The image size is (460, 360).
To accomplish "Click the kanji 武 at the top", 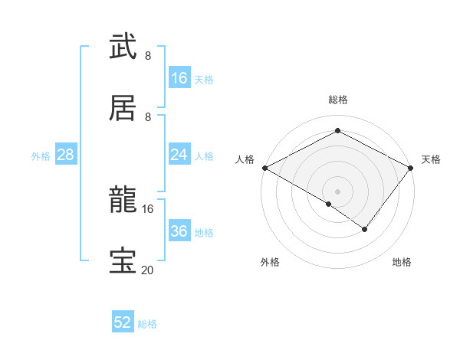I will point(123,47).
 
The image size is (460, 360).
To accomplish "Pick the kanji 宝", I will point(123,261).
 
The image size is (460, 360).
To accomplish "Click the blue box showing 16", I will point(179,78).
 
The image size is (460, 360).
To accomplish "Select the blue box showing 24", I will point(179,155).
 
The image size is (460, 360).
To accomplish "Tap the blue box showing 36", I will point(179,231).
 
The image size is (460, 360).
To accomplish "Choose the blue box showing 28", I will point(66,155).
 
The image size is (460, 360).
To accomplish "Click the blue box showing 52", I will point(123,322).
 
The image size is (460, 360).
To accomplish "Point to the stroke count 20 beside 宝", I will point(147,270).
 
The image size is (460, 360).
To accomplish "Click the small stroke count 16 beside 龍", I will point(148,208).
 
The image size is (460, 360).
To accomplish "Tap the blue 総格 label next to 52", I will point(147,324).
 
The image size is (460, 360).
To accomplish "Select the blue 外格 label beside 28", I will point(41,155).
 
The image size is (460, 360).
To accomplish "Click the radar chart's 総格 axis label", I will point(337,100).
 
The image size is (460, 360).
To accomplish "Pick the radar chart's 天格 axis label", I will point(431,159).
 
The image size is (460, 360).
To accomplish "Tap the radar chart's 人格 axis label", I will point(245,159).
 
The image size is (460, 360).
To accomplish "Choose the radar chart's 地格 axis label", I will point(402,262).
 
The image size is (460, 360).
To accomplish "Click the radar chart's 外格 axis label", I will point(270,262).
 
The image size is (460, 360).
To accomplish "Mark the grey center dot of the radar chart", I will point(337,191).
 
